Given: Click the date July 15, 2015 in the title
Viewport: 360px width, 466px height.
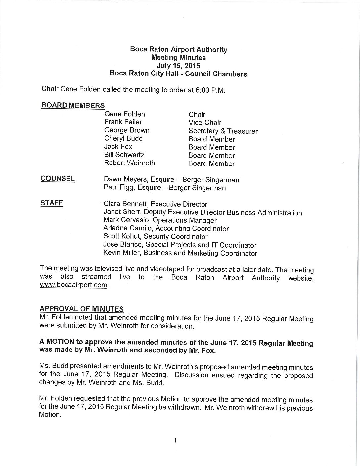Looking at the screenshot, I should (x=178, y=66).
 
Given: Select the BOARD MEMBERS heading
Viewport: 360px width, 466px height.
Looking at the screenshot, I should (x=73, y=105).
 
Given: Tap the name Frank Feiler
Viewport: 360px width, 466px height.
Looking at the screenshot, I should (x=123, y=122).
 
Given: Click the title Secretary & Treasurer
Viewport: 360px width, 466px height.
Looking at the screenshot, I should (x=223, y=131).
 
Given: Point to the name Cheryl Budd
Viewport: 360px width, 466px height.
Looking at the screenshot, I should (x=123, y=138).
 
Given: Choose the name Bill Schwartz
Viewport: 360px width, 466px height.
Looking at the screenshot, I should (x=124, y=155).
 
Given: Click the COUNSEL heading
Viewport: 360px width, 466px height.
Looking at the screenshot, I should (x=58, y=179).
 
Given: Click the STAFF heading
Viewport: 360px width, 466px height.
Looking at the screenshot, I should (x=52, y=203).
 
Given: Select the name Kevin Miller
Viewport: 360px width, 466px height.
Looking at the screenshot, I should (x=121, y=253).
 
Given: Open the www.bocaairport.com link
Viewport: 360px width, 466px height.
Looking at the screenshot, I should (x=74, y=285).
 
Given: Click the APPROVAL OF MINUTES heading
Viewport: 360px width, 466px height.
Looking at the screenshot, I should (x=82, y=309).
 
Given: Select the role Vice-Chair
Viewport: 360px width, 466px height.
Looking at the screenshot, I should (x=205, y=123).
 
